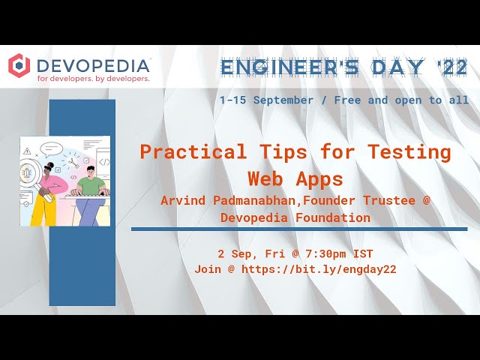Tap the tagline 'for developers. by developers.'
(x=93, y=78)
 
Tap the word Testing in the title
(x=409, y=152)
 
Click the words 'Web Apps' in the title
(x=295, y=178)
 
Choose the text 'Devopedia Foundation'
(x=295, y=217)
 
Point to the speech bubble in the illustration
(x=50, y=148)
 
